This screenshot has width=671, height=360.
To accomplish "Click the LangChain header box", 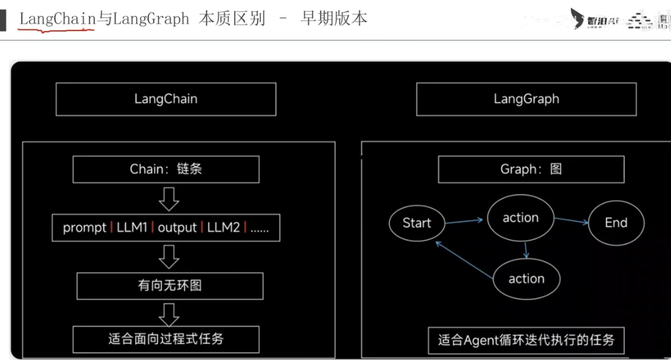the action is (x=166, y=99).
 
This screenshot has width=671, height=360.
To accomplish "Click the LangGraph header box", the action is (x=526, y=99).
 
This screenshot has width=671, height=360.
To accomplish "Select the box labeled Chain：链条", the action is (x=166, y=169).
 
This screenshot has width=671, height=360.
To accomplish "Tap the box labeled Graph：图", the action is (x=531, y=170).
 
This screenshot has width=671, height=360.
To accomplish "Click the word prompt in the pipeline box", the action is (x=84, y=227).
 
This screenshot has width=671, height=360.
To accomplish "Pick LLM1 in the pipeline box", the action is (x=132, y=227).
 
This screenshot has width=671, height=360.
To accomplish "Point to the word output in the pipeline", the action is (x=177, y=227).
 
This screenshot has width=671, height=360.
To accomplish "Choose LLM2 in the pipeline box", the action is (x=223, y=227).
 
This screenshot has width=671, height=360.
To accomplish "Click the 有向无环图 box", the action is (x=170, y=286).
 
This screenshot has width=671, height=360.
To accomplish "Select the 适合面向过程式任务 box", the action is (x=166, y=339).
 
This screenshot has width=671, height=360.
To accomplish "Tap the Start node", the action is (x=417, y=223).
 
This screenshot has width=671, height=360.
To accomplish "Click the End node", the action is (x=616, y=223).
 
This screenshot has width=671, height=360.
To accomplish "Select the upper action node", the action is (x=521, y=218).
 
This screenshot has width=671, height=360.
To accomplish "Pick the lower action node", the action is (x=526, y=278).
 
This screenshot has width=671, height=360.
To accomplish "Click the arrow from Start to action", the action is (x=465, y=221).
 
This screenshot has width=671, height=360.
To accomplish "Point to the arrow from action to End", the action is (x=572, y=221).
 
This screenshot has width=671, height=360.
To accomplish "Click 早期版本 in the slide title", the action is (x=334, y=18).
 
